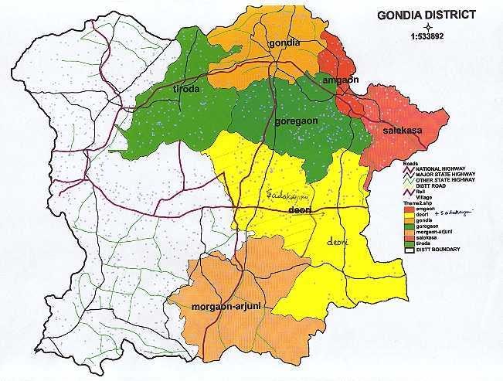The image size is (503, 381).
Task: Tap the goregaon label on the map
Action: click(297, 122)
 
